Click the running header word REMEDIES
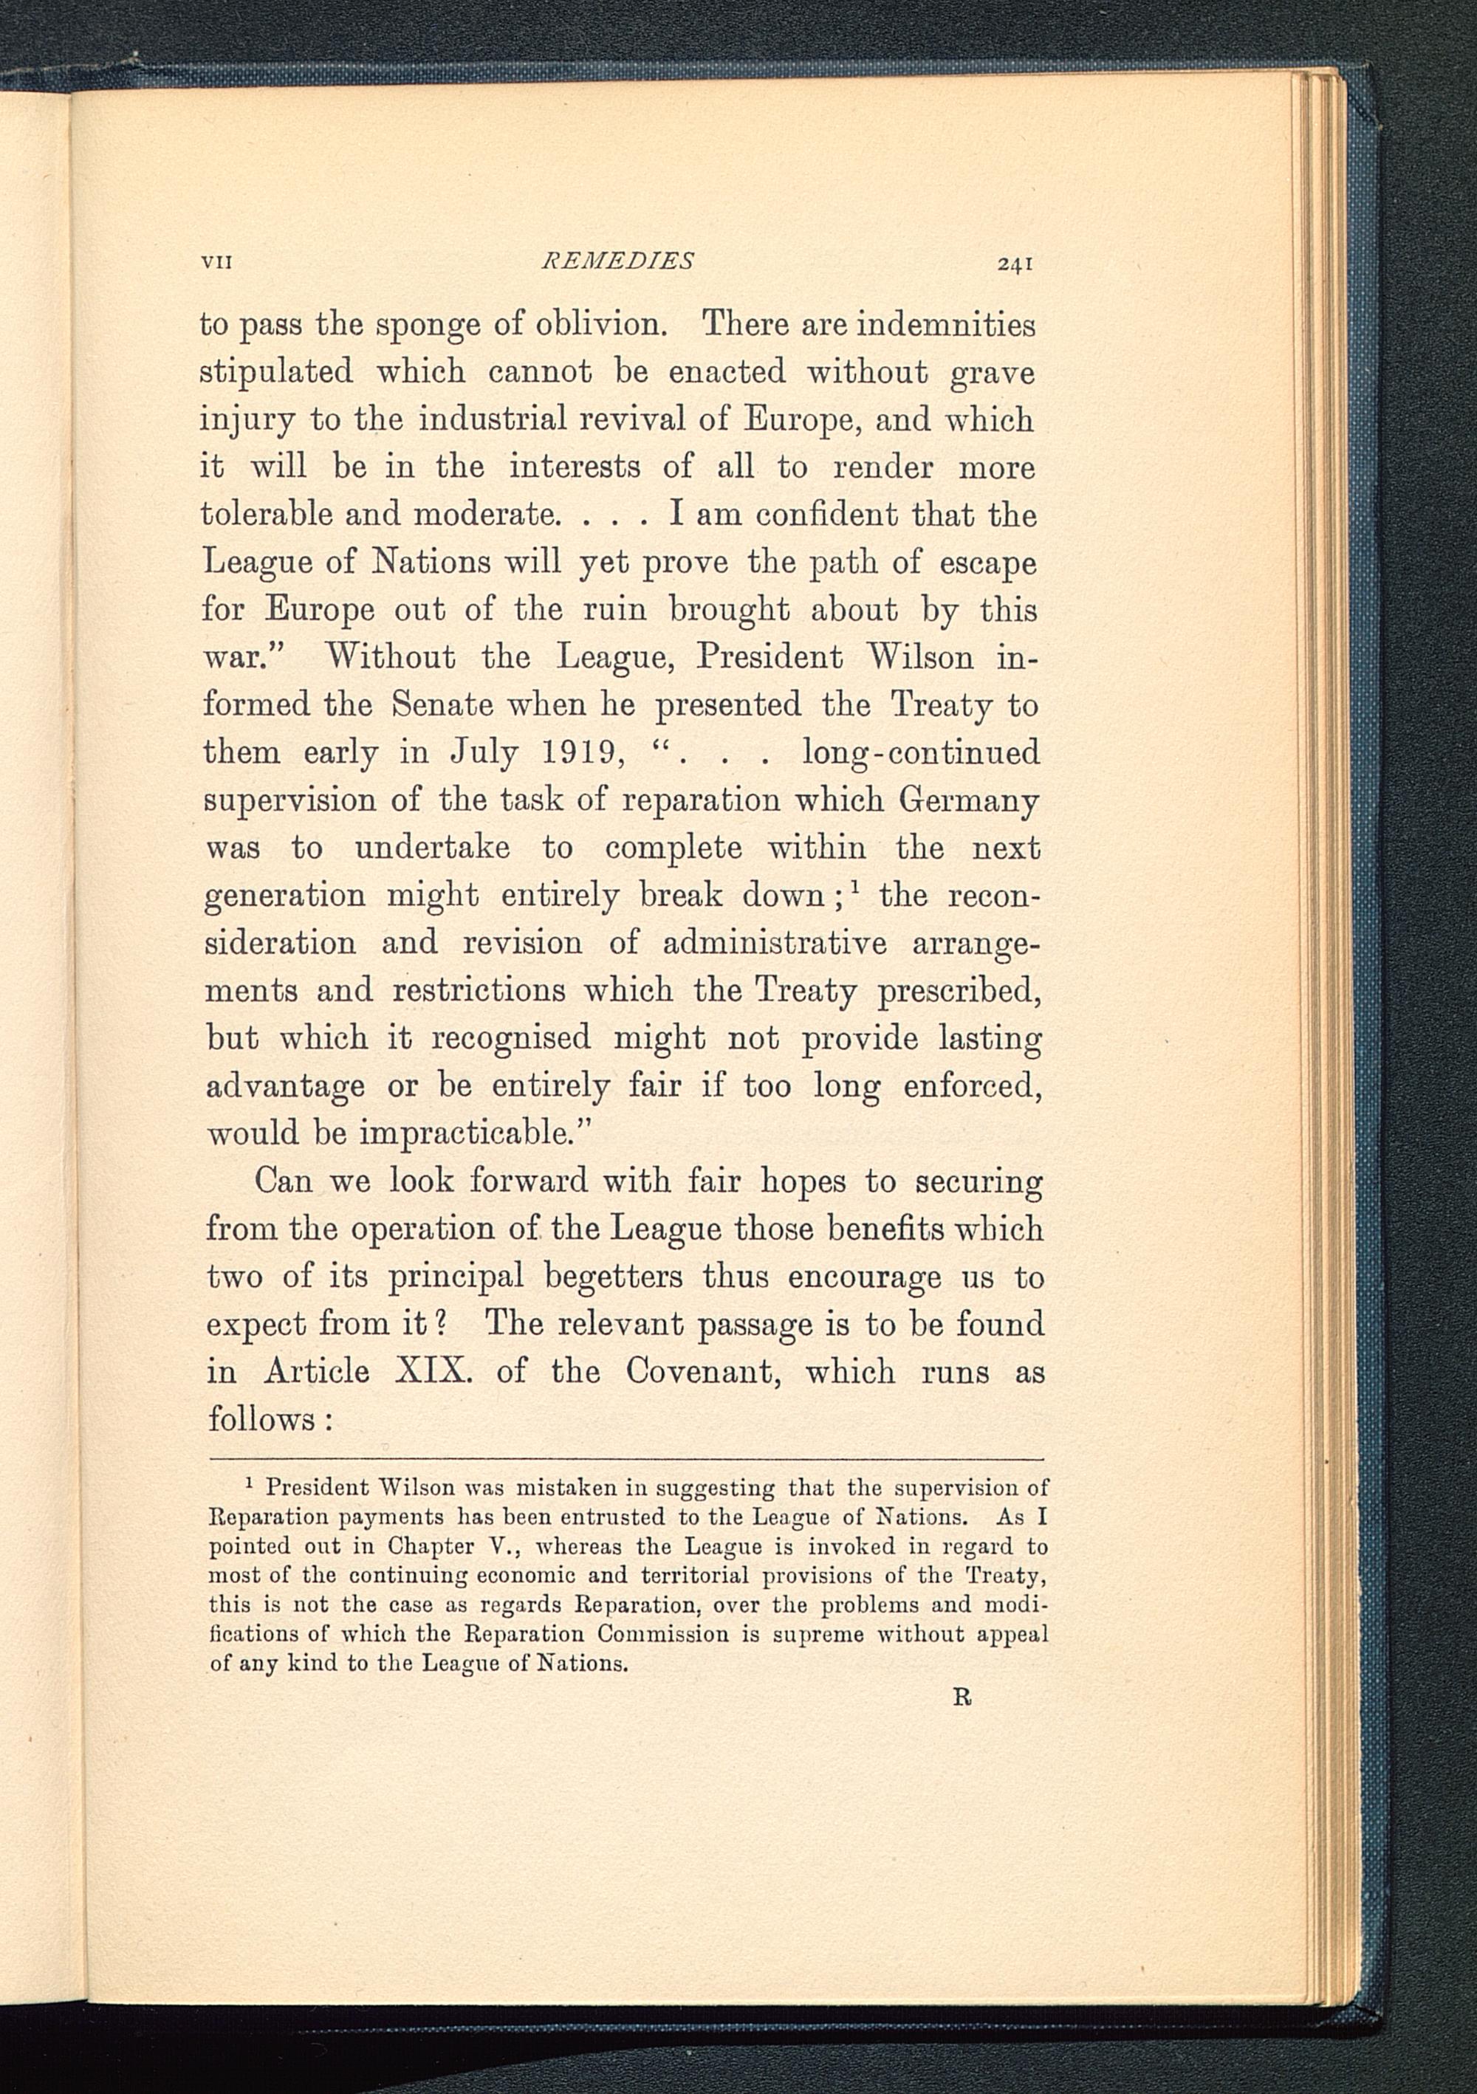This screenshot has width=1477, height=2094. (x=617, y=261)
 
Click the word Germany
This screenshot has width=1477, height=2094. (x=969, y=800)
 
